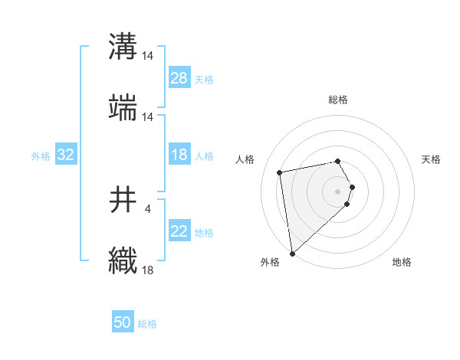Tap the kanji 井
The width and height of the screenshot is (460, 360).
[123, 200]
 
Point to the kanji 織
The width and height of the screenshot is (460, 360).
[123, 260]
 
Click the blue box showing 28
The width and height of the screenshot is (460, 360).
[179, 78]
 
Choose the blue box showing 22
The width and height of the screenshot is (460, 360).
[179, 231]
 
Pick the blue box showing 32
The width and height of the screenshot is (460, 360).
[66, 155]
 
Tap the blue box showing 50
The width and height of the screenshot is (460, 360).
[123, 323]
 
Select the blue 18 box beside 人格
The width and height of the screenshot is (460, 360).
[179, 155]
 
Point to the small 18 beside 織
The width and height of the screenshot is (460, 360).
[148, 269]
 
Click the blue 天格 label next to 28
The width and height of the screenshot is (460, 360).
[204, 80]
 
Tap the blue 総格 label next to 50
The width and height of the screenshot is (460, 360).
[147, 325]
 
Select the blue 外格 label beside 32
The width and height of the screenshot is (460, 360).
[41, 156]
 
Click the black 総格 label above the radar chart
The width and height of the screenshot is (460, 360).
[338, 100]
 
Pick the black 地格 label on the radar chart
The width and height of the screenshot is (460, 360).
[402, 263]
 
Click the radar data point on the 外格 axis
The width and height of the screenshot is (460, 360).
[291, 253]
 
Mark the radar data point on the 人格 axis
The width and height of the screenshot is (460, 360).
[280, 172]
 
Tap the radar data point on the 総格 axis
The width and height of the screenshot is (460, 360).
[338, 161]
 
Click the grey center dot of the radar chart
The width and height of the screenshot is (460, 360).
[338, 191]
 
